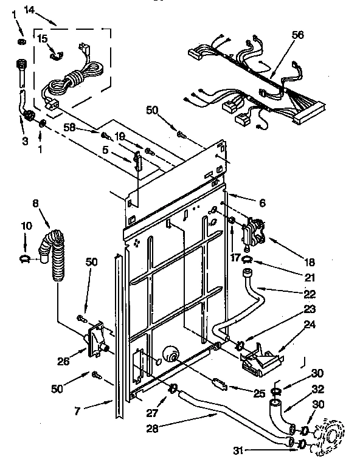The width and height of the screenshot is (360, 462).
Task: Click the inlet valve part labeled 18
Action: pos(252,233)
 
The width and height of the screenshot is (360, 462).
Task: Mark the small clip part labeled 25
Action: pos(220,384)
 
